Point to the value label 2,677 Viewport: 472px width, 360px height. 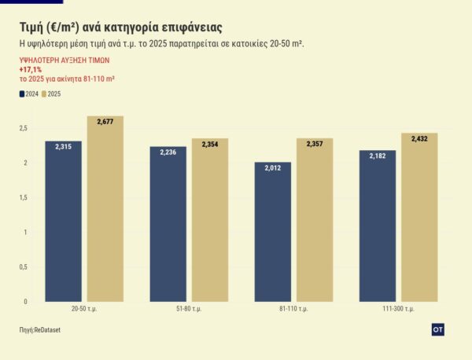(x=105, y=122)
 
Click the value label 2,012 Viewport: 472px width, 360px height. (x=272, y=167)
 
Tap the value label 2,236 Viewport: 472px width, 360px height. (x=168, y=152)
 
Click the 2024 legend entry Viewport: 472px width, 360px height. (x=29, y=94)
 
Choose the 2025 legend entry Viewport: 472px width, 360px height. (x=51, y=94)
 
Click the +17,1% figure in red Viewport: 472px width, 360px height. (x=31, y=69)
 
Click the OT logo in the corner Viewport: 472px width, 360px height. (x=438, y=329)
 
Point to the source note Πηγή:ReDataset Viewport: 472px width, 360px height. (x=39, y=329)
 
